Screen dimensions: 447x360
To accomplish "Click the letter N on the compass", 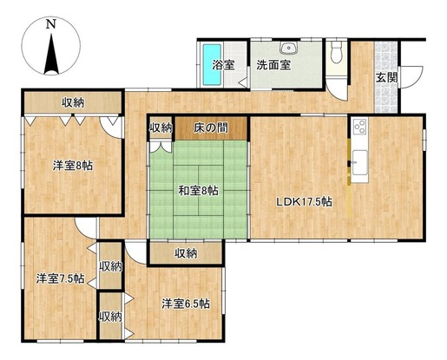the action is pos(51,24).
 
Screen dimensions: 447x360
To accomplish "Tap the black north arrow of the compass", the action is pos(51,54).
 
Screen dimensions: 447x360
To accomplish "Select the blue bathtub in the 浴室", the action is pos(212,64).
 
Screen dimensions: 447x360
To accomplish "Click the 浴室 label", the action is pos(223,65).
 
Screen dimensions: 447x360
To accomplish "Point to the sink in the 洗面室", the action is pos(288,48).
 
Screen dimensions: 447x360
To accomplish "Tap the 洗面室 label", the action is pos(273,65).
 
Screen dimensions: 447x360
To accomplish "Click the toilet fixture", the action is pos(337,52).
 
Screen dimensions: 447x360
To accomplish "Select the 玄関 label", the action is pos(386,77).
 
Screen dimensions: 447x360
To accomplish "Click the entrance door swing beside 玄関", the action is pos(411,77).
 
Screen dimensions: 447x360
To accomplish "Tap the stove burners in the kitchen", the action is pos(360,126).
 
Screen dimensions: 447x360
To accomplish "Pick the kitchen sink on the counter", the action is pos(359,162).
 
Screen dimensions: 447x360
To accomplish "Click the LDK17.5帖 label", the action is pos(304,201).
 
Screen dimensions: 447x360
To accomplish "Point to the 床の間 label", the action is pos(211,128).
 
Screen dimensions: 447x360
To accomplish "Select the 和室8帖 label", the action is pos(198,191).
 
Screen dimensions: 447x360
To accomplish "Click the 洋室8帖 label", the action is pos(73,166).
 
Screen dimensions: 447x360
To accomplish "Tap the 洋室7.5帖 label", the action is pos(60,278).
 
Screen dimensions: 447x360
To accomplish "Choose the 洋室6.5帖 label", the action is pos(186,304).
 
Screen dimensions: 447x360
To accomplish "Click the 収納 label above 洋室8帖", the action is pos(73,102).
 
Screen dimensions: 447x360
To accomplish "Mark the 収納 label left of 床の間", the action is pos(161,128).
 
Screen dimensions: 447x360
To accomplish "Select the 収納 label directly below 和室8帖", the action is pos(186,253).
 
